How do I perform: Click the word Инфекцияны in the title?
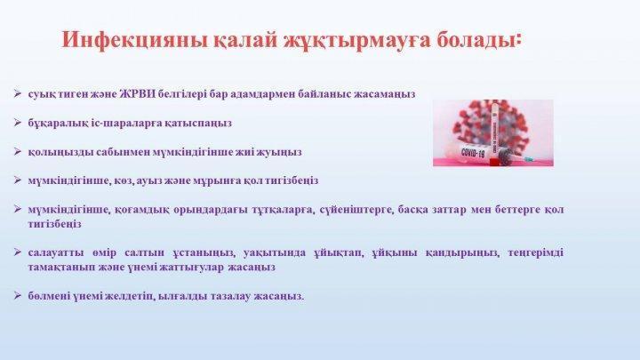135,40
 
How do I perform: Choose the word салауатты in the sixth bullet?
56,252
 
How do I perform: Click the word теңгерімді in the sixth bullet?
535,252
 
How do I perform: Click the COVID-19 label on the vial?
473,153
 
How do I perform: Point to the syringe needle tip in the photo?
533,160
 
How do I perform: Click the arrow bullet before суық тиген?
17,93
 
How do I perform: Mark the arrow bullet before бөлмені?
17,295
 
